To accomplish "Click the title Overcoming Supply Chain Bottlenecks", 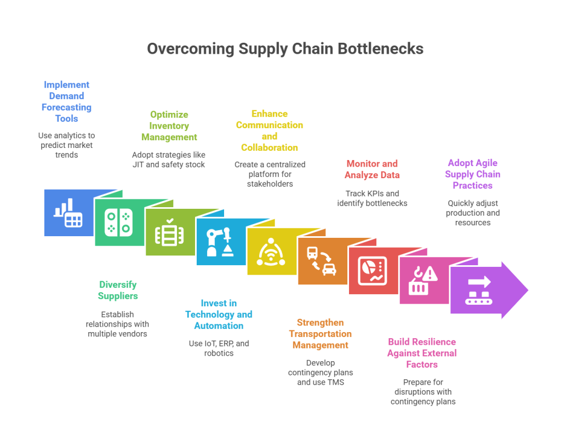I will tap(285, 49).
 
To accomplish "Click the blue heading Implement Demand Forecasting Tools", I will tap(67, 101).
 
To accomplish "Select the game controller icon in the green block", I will tap(118, 222).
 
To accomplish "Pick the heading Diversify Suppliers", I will tap(118, 290).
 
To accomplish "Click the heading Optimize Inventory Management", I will tap(169, 125).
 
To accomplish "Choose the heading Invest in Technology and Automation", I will tap(219, 314).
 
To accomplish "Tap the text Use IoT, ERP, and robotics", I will tap(219, 348).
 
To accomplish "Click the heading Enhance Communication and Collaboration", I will tap(270, 130).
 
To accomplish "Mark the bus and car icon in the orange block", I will tap(321, 261).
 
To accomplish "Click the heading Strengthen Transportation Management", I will tap(320, 334).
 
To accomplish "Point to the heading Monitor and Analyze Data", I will tap(372, 169).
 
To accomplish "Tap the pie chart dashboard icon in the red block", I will tap(373, 271).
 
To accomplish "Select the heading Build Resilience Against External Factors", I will tap(422, 353).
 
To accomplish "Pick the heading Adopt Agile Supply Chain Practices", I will tap(472, 174).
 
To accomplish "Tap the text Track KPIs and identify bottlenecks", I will tap(372, 198).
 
